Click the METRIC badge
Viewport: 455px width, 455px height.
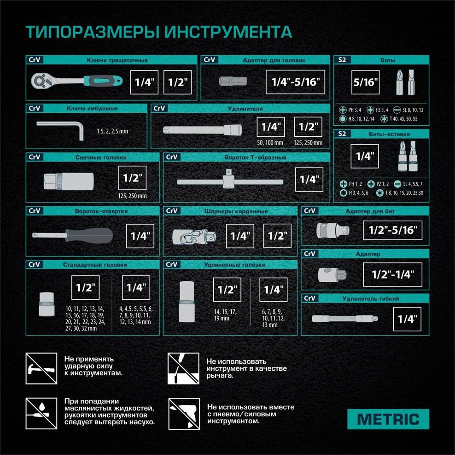click(388, 419)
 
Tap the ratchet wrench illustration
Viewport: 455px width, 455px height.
click(76, 81)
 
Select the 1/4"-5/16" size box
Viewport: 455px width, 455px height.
click(295, 82)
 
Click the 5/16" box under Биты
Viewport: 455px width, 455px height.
click(365, 82)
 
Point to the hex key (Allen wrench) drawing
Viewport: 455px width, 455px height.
click(60, 128)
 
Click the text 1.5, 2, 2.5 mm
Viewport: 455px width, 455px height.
click(112, 131)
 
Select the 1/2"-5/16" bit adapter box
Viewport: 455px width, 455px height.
click(393, 230)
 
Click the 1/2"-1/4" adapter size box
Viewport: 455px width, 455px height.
click(393, 274)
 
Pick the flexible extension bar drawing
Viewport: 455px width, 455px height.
click(345, 319)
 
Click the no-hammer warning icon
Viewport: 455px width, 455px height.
click(41, 368)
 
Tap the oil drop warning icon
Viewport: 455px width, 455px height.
click(41, 414)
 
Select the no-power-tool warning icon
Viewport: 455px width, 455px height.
click(184, 414)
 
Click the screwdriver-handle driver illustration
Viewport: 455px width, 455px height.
click(72, 235)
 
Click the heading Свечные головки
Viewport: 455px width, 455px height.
click(101, 157)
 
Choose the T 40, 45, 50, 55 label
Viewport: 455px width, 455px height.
click(403, 119)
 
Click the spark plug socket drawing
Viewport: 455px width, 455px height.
click(69, 181)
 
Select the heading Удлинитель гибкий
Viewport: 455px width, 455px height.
click(371, 298)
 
